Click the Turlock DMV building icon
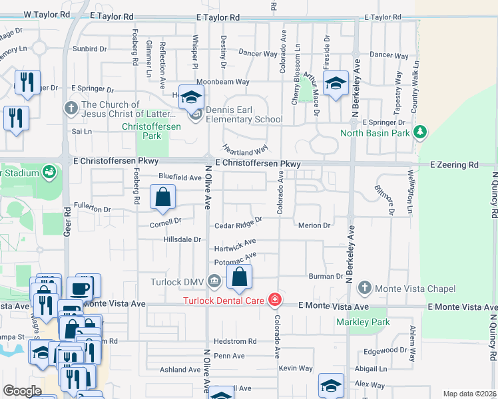[x=214, y=281]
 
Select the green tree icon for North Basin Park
[x=420, y=132]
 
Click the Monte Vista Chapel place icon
[x=364, y=288]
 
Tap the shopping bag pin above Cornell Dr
[x=163, y=198]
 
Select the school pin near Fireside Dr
[x=336, y=84]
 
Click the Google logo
[x=22, y=391]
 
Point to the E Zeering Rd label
[x=454, y=164]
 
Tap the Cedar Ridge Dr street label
[x=238, y=226]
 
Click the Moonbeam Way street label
[x=227, y=82]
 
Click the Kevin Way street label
[x=296, y=368]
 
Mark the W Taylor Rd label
[x=46, y=14]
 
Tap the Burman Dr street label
[x=325, y=275]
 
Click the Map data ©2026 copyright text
[x=469, y=394]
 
